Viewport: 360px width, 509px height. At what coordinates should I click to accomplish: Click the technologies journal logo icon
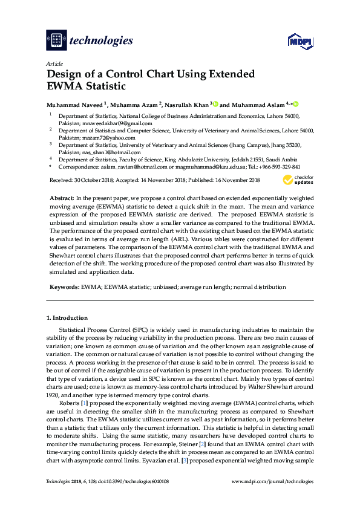pos(56,41)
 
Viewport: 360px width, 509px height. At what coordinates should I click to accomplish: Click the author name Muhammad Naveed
pos(74,105)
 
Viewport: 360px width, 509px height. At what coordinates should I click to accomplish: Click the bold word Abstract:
pos(61,198)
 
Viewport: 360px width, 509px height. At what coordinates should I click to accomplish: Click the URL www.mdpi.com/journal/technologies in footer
pos(273,481)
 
